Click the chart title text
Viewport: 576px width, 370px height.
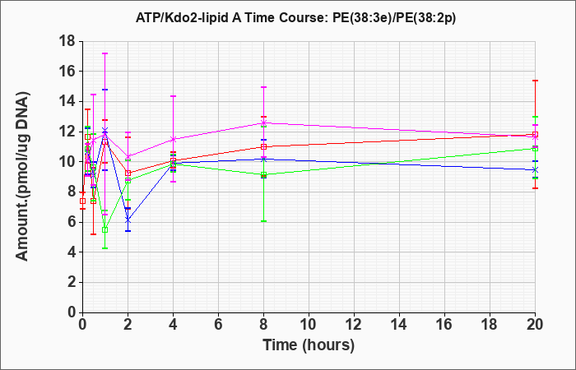295,17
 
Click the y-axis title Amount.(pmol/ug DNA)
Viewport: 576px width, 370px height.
22,177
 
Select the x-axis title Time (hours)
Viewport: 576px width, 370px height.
309,345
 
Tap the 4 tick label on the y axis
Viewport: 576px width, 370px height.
72,252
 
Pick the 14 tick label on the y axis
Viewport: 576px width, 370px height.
67,101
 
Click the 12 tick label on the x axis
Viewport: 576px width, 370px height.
354,324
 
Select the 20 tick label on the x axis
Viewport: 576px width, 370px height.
535,324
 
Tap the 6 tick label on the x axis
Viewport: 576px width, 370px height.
218,324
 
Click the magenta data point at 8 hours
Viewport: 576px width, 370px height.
263,123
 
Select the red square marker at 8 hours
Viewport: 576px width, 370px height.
263,147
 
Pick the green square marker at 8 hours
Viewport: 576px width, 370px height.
263,174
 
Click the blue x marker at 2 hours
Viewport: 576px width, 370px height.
128,220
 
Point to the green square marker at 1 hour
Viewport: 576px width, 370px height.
105,229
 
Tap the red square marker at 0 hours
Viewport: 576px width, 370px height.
82,201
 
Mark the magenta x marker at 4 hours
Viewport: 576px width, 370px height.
173,139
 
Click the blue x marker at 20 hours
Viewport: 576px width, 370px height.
535,170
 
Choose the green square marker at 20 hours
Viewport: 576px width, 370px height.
535,149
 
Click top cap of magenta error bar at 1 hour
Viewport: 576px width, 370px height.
105,53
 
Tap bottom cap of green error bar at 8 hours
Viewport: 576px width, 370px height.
263,221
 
